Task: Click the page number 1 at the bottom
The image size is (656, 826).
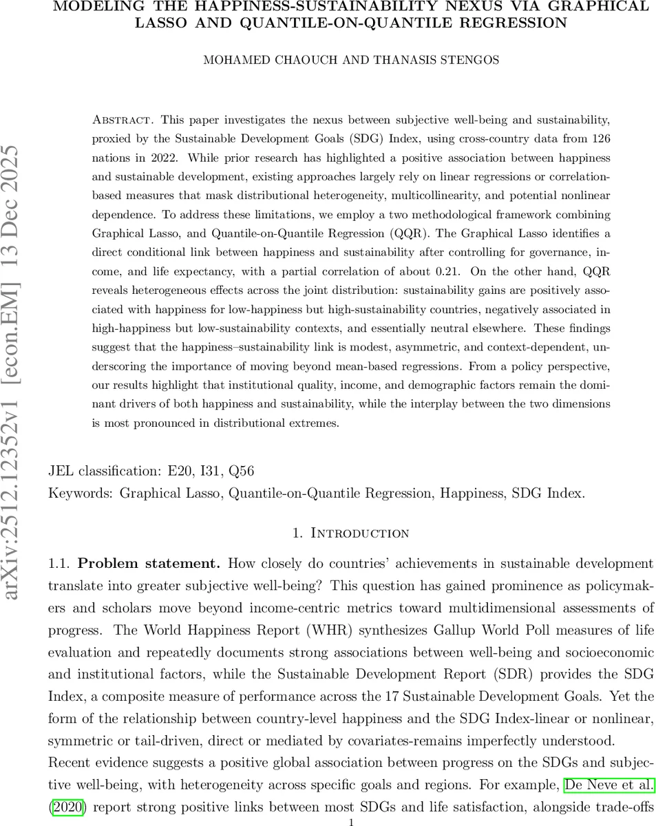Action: pyautogui.click(x=351, y=822)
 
